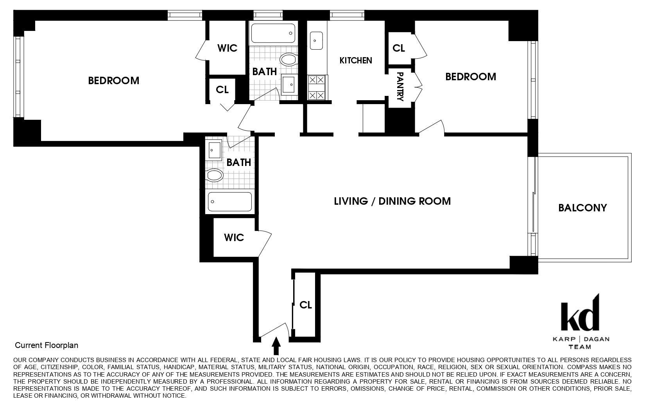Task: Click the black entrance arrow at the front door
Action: pyautogui.click(x=276, y=346)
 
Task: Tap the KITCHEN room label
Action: pyautogui.click(x=356, y=60)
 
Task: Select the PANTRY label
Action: pyautogui.click(x=400, y=87)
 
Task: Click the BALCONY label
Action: pyautogui.click(x=582, y=207)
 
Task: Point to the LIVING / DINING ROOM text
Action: pyautogui.click(x=392, y=201)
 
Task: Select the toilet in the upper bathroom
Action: pyautogui.click(x=288, y=59)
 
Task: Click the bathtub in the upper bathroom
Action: pyautogui.click(x=272, y=34)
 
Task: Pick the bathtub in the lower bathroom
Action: pyautogui.click(x=229, y=202)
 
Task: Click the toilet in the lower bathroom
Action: pyautogui.click(x=214, y=175)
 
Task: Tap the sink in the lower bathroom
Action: pyautogui.click(x=214, y=150)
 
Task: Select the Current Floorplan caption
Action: pyautogui.click(x=47, y=345)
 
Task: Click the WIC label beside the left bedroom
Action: pyautogui.click(x=227, y=48)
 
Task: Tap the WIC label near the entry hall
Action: pyautogui.click(x=234, y=238)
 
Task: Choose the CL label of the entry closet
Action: pyautogui.click(x=306, y=305)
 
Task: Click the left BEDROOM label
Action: pyautogui.click(x=113, y=81)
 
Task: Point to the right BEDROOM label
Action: pyautogui.click(x=471, y=77)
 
